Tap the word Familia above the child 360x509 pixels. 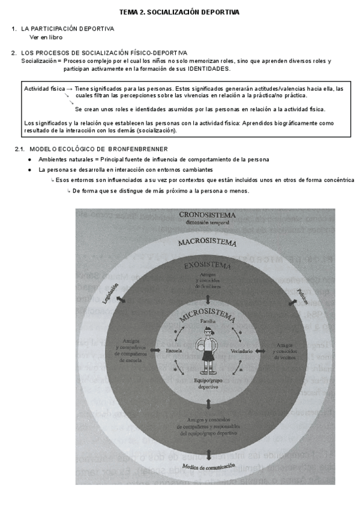click(208, 322)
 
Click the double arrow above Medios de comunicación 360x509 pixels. click(208, 454)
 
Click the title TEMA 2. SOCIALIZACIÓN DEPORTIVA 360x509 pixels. click(179, 11)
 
